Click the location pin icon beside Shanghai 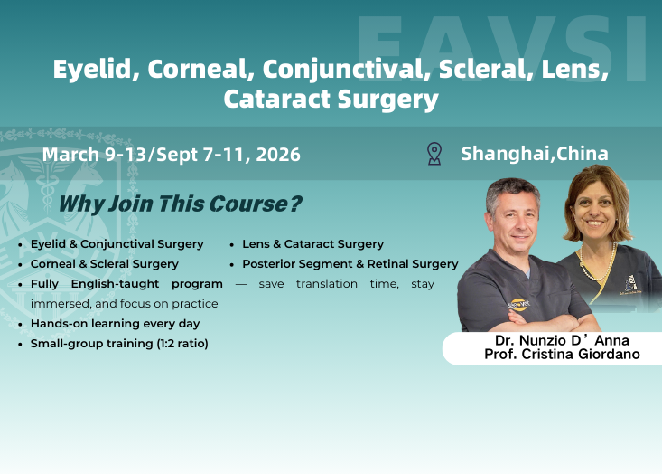pos(434,153)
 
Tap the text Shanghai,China pos(534,153)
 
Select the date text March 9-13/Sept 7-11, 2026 pos(172,155)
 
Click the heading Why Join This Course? pos(180,204)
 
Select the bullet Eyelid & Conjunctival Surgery pos(117,244)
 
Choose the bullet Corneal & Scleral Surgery pos(104,264)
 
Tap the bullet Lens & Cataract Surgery pos(312,244)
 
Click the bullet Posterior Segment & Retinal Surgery pos(350,264)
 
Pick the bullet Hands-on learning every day pos(115,323)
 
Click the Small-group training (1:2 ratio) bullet pos(119,344)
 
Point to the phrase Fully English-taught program pos(126,284)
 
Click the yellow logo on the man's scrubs pos(519,305)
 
